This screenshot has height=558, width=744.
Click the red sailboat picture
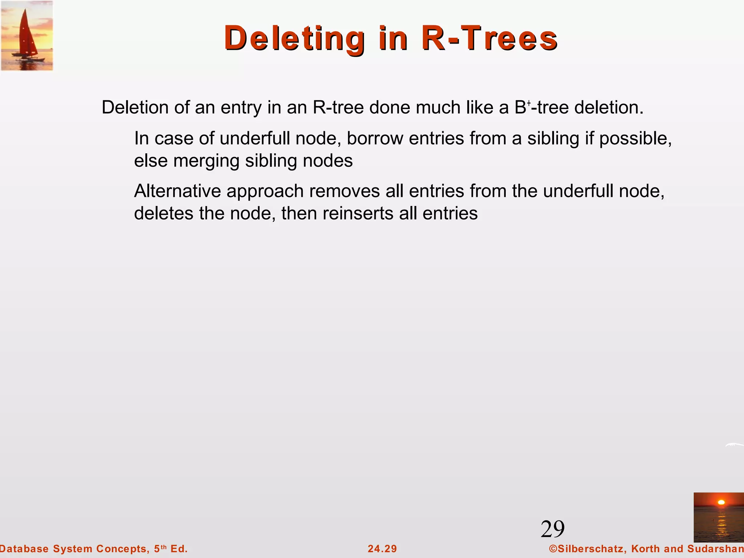[27, 36]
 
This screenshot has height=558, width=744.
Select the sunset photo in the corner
[718, 517]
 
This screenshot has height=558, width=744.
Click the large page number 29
[553, 529]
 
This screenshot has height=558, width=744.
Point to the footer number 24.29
[382, 549]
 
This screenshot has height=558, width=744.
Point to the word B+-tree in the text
[541, 108]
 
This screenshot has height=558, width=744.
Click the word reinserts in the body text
[357, 213]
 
